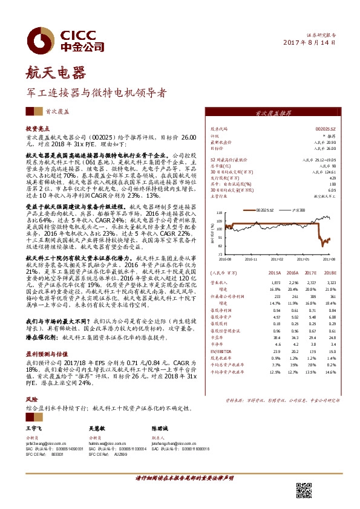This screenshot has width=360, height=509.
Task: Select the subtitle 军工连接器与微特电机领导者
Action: pyautogui.click(x=96, y=94)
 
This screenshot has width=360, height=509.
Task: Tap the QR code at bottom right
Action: pyautogui.click(x=304, y=491)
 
